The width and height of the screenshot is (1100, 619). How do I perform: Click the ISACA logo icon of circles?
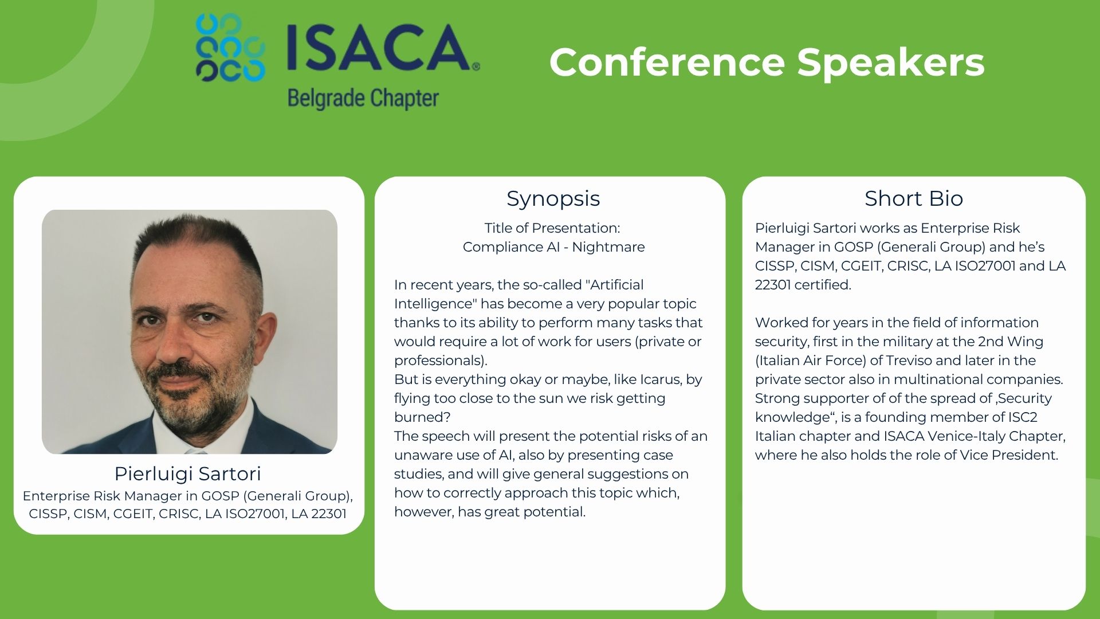point(230,47)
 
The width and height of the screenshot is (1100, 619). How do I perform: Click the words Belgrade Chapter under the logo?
point(363,99)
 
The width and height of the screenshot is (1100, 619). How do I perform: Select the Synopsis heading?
point(553,198)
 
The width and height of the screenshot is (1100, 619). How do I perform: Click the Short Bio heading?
point(914,198)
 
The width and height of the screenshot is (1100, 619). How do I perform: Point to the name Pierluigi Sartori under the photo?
point(188,473)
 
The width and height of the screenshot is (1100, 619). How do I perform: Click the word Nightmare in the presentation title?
point(608,247)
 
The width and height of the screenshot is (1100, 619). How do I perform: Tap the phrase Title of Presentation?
point(552,228)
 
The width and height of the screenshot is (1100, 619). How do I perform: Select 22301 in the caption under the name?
point(329,514)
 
